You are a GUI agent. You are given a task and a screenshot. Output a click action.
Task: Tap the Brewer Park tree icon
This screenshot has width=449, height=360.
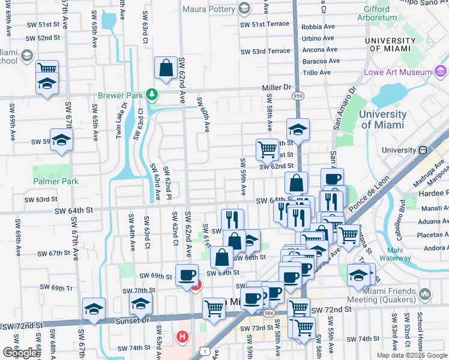[152, 95]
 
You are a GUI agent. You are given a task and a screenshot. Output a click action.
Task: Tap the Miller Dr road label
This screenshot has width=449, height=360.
[276, 88]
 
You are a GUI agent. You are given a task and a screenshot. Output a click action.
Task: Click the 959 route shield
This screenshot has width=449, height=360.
[297, 96]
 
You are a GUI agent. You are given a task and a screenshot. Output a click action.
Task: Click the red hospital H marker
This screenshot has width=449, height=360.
[182, 337]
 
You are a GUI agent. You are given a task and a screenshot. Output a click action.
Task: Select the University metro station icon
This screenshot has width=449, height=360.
[423, 150]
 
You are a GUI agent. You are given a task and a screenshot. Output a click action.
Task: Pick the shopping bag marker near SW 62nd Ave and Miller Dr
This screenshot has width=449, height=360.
[166, 70]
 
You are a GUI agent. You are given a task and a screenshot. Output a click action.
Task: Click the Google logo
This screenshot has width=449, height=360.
[20, 353]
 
